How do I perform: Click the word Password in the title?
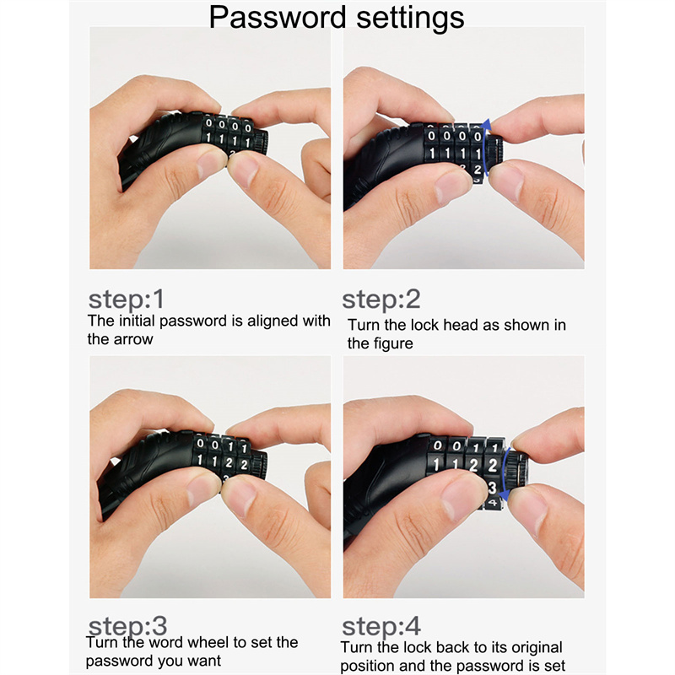(278, 18)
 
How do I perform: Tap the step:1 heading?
(126, 299)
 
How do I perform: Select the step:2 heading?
(381, 299)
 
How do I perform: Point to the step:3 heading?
(127, 625)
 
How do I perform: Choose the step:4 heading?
(381, 626)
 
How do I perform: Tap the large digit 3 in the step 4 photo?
(492, 488)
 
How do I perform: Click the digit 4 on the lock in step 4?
(492, 502)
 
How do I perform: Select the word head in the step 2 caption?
(462, 325)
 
